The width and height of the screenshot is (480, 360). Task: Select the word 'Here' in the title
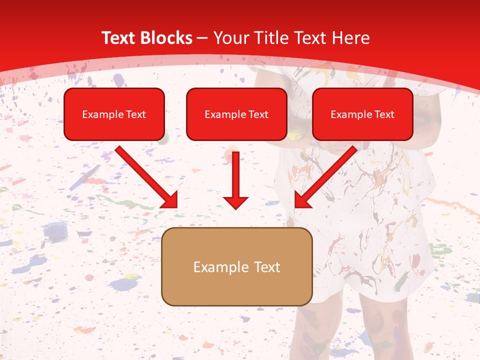352,38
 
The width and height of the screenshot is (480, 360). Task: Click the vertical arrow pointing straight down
235,175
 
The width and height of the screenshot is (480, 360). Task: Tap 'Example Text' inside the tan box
236,267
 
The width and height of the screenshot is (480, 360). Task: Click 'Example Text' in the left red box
114,114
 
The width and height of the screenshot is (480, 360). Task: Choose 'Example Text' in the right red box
362,114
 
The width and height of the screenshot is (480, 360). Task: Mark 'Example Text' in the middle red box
236,114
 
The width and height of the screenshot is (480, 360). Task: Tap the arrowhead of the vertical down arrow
235,202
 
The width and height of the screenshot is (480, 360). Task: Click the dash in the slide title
203,38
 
